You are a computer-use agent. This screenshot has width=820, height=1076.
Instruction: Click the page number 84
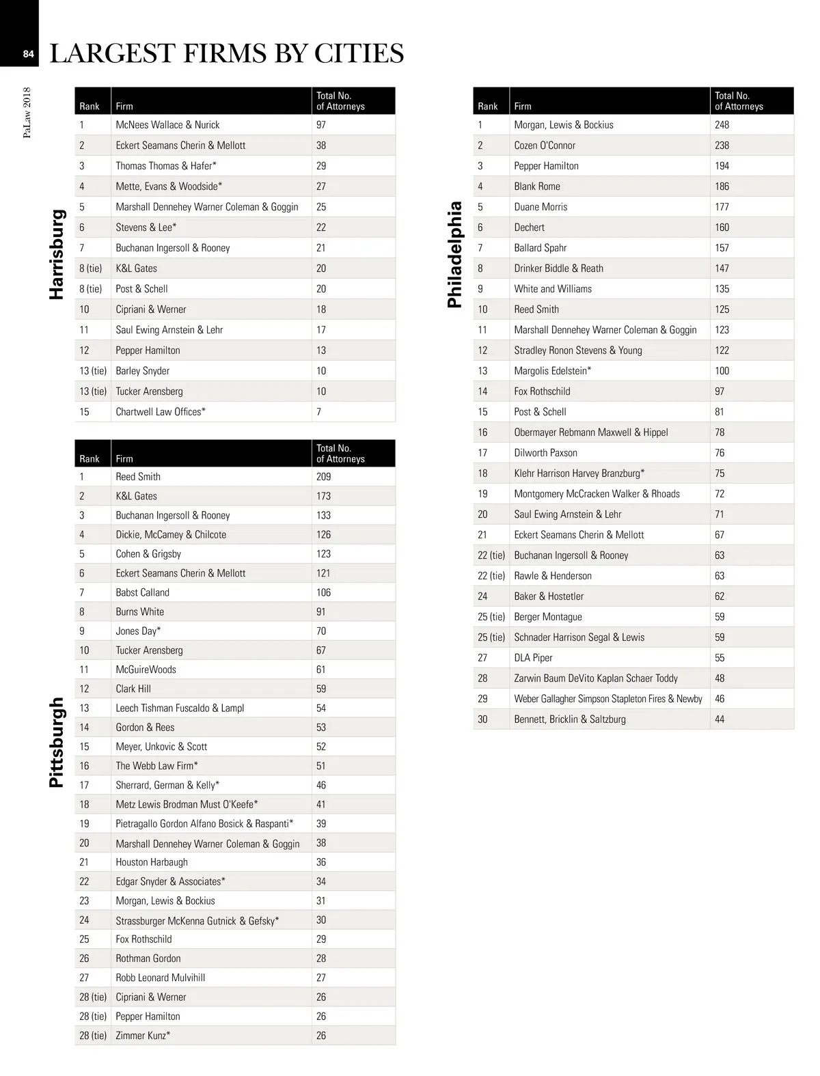(28, 54)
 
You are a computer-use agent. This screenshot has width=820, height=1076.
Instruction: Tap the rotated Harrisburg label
(57, 254)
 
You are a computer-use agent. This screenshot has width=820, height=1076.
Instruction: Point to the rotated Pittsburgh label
(57, 742)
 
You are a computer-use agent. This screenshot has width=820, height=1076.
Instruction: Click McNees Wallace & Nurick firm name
(167, 125)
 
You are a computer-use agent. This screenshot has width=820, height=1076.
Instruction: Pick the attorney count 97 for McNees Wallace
(321, 125)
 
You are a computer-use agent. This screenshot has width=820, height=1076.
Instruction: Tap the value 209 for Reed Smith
(323, 477)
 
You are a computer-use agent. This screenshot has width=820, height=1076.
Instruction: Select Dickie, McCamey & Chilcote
(171, 535)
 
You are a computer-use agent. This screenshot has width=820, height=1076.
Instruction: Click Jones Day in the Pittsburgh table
(138, 631)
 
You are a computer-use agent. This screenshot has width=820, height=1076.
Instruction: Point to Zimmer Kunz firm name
(143, 1036)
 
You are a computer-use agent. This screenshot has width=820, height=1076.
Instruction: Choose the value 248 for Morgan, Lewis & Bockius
(722, 125)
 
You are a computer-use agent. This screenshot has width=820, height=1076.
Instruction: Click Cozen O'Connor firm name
(545, 146)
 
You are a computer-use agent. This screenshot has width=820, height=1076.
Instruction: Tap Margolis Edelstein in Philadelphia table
(552, 371)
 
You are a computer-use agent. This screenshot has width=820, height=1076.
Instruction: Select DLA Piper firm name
(533, 658)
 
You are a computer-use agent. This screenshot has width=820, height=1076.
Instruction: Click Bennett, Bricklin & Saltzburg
(570, 719)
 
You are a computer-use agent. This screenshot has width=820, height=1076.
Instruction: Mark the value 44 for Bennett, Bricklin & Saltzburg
(720, 719)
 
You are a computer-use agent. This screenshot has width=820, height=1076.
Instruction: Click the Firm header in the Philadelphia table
(523, 107)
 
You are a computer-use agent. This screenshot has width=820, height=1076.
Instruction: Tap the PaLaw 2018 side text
(27, 112)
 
